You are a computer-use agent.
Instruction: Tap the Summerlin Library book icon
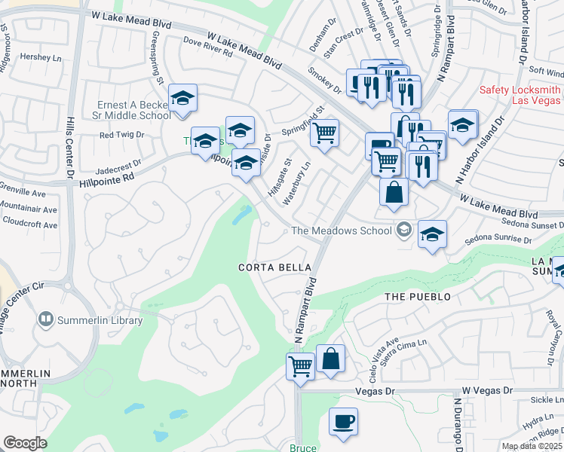coord(47,320)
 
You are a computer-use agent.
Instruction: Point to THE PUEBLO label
coord(418,297)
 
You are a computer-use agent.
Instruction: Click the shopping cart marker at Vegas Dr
coord(300,367)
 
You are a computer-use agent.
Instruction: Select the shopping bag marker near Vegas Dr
coord(331,359)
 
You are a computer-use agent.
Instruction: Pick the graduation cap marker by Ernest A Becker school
coord(182,98)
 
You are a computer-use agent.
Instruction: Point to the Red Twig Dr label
coord(121,135)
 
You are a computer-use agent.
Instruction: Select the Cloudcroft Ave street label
coord(29,224)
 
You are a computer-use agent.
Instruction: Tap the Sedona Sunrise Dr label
coord(498,240)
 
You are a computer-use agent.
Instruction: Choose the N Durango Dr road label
coord(458,426)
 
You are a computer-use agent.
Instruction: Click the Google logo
coord(26,443)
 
